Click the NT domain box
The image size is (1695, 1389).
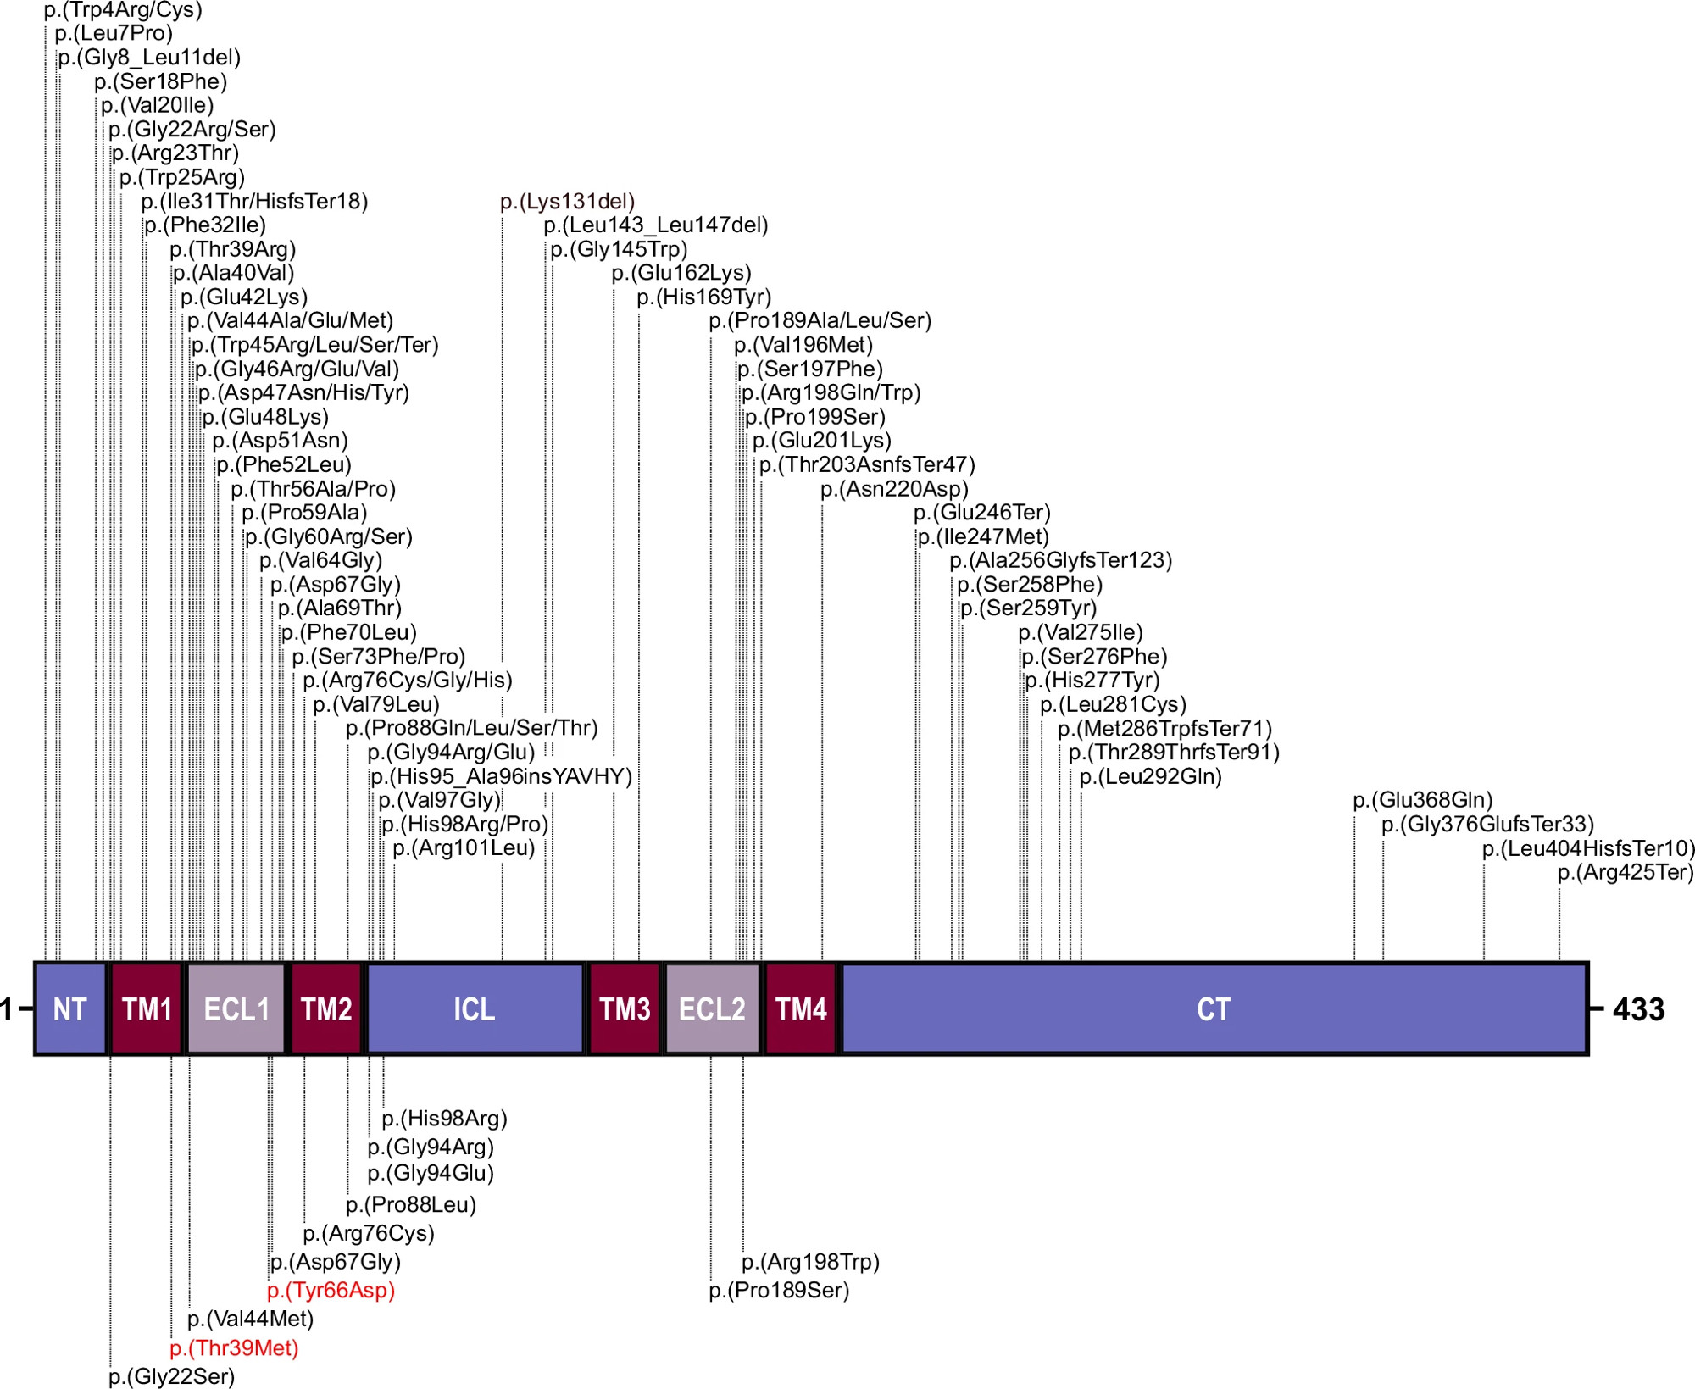point(71,1008)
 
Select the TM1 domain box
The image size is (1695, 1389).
point(147,1008)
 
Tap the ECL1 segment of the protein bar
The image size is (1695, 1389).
point(236,1008)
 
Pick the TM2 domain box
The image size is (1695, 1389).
point(326,1008)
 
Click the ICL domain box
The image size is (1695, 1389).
point(475,1008)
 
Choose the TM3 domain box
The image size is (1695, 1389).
point(625,1008)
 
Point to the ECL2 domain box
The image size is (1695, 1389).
point(713,1008)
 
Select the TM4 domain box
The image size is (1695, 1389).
point(801,1008)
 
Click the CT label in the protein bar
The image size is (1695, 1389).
point(1214,1009)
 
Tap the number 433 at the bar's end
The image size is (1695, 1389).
point(1639,1009)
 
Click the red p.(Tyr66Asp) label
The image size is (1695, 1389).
point(331,1291)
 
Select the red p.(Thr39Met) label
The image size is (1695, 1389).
point(234,1347)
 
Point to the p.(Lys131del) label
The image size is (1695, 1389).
point(567,202)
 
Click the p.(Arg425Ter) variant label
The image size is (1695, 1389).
point(1626,872)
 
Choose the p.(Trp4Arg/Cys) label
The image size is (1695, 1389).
point(123,10)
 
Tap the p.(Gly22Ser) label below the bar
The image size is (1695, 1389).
point(172,1376)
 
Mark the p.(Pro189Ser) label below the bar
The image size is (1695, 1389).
point(779,1291)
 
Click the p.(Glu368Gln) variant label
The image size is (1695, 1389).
point(1423,800)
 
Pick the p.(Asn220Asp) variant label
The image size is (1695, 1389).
point(894,489)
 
